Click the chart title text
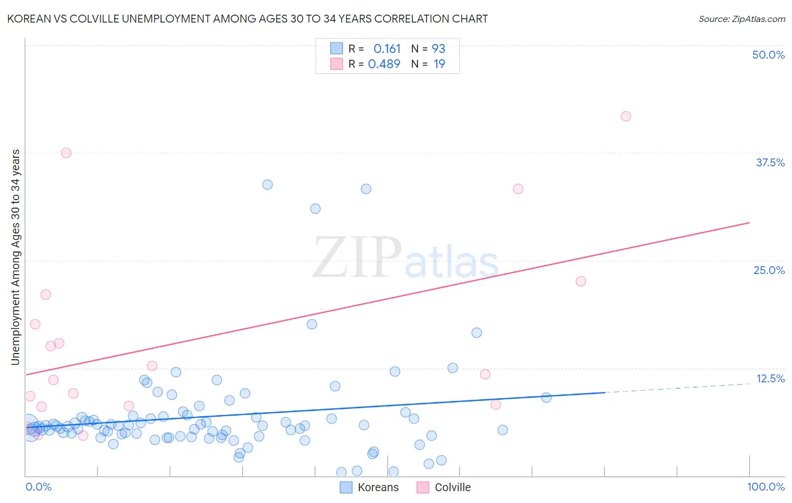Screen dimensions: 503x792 [x=247, y=19]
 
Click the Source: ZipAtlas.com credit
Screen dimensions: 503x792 [x=741, y=19]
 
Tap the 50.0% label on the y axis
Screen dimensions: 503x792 [x=768, y=55]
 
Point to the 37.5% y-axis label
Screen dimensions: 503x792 [x=770, y=162]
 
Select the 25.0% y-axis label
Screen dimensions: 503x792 [x=769, y=270]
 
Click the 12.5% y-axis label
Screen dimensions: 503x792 [x=770, y=378]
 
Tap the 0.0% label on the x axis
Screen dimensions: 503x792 [x=38, y=487]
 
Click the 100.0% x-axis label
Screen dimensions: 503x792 [x=766, y=487]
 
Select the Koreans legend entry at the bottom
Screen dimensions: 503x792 [x=370, y=487]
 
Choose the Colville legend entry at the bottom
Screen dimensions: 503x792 [x=444, y=487]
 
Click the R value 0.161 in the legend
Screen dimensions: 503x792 [x=387, y=48]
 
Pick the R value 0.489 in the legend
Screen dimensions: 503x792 [x=384, y=64]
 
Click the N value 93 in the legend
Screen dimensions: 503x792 [x=439, y=48]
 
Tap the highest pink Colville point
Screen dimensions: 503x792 [x=625, y=116]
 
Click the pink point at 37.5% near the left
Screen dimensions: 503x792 [x=66, y=153]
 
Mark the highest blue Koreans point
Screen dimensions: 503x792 [x=268, y=184]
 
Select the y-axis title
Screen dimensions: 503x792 [x=15, y=257]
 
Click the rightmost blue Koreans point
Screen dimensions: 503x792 [x=546, y=398]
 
